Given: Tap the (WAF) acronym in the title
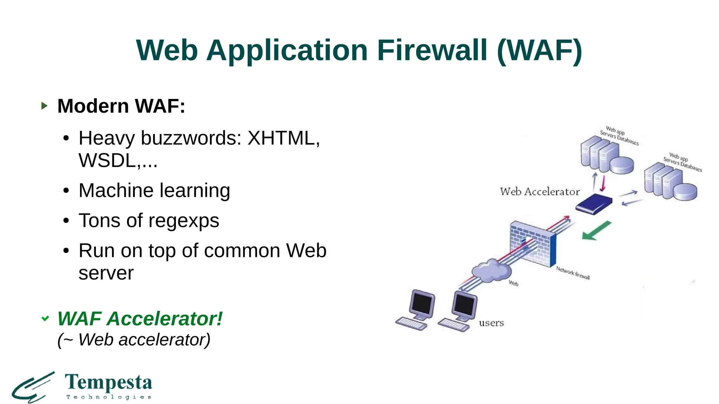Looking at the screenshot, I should coord(540,50).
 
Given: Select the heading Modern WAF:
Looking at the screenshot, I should coord(121,106).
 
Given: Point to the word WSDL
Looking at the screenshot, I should coord(107,161).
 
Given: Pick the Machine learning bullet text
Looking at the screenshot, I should coord(154,190).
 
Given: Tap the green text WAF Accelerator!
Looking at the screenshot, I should coord(140,318).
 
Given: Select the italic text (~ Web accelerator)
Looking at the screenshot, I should coord(134,339).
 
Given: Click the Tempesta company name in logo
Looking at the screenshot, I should coord(108,382).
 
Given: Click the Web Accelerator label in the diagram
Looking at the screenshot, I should coord(540,191).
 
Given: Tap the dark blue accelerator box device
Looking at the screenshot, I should coord(594,204).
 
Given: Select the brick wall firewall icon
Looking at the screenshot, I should coord(533,243).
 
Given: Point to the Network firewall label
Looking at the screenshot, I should coord(573,273).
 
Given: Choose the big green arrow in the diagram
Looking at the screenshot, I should coord(596,231).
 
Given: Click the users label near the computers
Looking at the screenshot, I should coord(491,323).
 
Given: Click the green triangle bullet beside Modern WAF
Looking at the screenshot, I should coord(44,106).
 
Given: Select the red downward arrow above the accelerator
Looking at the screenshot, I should coord(603,183).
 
